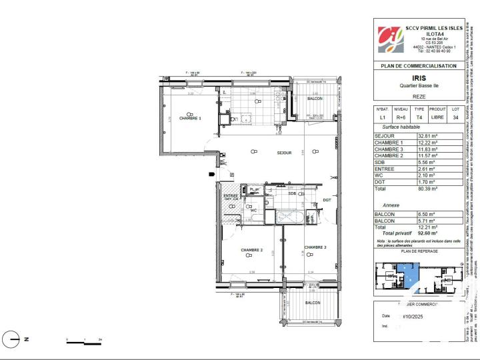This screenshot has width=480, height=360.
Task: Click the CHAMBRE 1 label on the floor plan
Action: pos(190,118)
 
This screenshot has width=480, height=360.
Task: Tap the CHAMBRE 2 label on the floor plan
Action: pos(252,250)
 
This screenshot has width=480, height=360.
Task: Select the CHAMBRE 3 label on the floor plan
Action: pos(315,247)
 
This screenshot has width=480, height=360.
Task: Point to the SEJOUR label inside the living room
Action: pos(285,153)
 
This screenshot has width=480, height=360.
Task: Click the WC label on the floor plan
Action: pos(253,210)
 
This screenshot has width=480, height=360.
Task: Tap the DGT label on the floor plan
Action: pos(327,199)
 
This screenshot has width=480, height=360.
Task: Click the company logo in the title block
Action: pos(391,39)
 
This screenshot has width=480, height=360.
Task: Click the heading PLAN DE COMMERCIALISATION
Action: pos(418,66)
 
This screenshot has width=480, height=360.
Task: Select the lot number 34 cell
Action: pos(455,117)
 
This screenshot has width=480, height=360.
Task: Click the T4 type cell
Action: pos(419,117)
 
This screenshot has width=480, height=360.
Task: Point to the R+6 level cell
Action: pos(401,117)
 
